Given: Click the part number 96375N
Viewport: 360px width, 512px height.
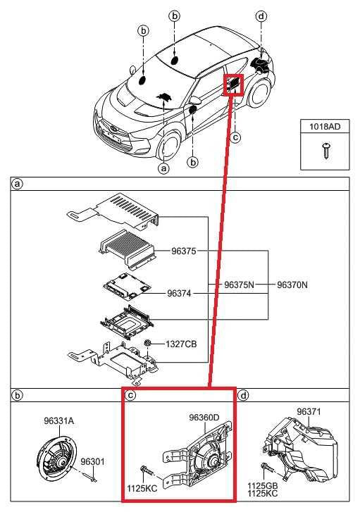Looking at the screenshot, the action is tap(239, 285).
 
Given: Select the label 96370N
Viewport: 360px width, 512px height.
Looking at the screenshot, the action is tap(292, 285).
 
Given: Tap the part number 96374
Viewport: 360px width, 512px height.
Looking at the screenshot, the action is tap(179, 293).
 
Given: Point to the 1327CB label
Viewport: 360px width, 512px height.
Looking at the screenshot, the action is tap(181, 344).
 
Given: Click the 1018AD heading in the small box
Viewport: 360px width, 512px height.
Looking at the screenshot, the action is tap(325, 126).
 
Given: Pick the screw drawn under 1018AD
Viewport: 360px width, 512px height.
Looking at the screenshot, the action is tap(325, 150).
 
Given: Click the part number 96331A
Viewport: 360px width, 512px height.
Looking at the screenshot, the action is tap(59, 421).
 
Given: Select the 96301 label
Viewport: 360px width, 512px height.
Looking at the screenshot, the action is tap(93, 462).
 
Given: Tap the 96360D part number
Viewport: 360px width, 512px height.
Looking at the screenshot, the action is tap(204, 418).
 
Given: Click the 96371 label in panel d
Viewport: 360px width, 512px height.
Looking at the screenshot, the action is tap(309, 412).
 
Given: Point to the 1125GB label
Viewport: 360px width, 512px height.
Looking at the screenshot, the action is tap(262, 486).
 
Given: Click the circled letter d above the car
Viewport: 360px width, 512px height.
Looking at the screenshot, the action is tap(261, 16).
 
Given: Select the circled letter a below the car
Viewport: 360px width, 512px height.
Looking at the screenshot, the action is tap(163, 168).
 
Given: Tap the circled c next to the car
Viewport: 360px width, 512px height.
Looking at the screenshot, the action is tap(235, 137).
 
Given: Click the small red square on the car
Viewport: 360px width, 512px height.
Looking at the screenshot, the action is tap(233, 85).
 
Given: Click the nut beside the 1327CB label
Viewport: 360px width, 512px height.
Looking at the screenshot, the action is tap(148, 343).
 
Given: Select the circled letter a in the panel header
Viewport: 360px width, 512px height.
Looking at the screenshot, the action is tap(17, 185).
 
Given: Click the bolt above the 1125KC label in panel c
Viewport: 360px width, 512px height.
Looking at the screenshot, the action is tap(147, 471).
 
